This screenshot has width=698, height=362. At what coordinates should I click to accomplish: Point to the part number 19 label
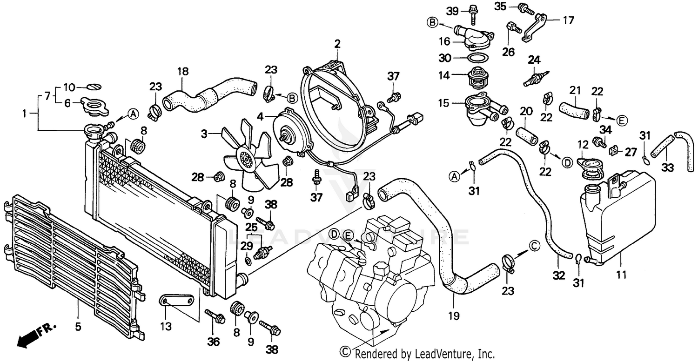454,316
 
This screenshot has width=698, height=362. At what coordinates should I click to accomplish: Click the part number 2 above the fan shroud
337,44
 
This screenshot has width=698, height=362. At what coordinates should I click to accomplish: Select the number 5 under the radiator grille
79,326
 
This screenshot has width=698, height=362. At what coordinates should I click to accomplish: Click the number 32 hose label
559,275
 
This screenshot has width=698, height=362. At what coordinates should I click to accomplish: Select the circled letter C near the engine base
345,352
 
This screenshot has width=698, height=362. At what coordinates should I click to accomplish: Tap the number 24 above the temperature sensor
534,60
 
